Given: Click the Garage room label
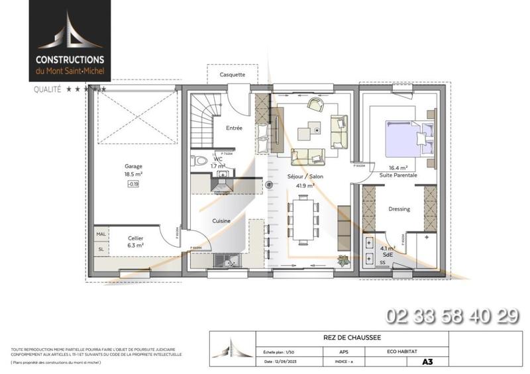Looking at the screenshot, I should [x=134, y=166].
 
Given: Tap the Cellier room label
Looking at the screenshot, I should [x=136, y=238].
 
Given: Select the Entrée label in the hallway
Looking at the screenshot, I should [x=234, y=128].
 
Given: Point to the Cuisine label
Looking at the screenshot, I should [x=221, y=220].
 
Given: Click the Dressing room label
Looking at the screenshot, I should [x=399, y=209].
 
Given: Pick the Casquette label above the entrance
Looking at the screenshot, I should [x=233, y=75].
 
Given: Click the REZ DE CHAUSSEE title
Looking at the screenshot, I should [x=329, y=337].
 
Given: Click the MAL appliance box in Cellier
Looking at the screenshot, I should [x=101, y=234].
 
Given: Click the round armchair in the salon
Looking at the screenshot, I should [x=313, y=105].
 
